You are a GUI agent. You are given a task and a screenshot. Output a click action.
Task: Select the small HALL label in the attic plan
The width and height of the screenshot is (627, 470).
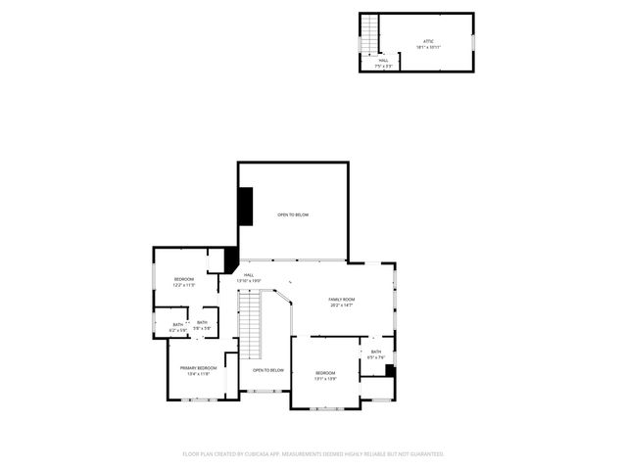point(383,61)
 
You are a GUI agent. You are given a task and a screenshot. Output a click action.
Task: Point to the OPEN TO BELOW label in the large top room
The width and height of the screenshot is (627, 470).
point(293,214)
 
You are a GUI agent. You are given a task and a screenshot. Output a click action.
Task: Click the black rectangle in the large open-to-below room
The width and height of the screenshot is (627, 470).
point(245,206)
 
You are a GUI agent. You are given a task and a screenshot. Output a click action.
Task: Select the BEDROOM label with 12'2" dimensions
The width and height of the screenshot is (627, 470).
point(184,280)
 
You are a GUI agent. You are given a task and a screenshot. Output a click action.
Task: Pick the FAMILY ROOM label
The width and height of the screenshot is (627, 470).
point(341,300)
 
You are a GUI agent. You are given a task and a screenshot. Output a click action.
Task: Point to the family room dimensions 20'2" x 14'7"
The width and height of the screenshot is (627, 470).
point(341,305)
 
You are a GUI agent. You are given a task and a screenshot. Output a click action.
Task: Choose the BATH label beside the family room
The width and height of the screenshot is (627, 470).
point(376,352)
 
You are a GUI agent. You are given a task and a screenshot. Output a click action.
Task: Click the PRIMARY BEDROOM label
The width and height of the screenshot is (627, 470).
point(199,368)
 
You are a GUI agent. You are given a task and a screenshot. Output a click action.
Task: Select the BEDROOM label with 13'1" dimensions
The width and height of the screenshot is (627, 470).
point(325,373)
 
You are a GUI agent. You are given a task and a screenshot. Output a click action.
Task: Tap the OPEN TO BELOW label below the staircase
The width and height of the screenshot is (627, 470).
point(268,370)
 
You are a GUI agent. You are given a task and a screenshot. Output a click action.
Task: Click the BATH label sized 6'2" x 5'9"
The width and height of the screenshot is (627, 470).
point(178,325)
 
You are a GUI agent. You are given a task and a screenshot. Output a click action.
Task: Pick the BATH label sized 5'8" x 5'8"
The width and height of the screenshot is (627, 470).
point(202,323)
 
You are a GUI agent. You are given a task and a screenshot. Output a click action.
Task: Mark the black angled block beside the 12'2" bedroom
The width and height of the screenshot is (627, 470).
point(231,259)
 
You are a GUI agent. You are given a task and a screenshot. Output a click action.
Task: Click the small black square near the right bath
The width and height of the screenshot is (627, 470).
point(390,370)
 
